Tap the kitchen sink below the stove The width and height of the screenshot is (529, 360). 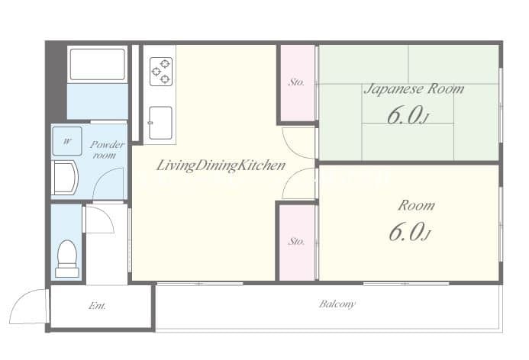(x=160, y=123)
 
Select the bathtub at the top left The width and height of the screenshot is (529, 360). (x=97, y=66)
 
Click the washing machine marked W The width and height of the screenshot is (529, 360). (x=66, y=140)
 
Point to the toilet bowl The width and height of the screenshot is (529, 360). (x=67, y=257)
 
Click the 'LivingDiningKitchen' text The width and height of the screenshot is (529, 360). (x=221, y=165)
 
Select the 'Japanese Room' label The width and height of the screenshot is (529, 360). (x=413, y=88)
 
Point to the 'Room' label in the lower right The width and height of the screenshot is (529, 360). (x=416, y=205)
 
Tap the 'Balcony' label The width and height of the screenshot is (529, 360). (x=337, y=304)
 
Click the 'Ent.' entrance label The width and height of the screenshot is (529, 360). (x=97, y=306)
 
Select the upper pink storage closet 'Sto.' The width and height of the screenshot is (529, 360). (x=297, y=82)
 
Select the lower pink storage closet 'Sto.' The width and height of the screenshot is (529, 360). (x=297, y=241)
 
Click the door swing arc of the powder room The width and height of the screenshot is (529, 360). (x=109, y=183)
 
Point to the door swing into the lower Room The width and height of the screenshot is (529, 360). (x=298, y=184)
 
